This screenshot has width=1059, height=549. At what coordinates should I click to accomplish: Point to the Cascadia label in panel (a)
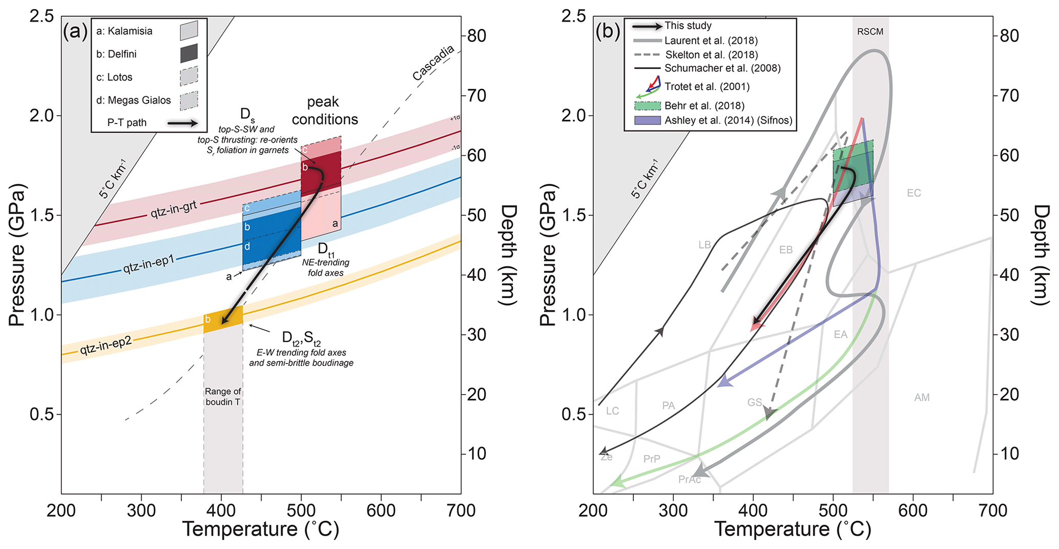(x=433, y=63)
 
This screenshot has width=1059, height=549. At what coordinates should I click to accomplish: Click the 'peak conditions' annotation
(x=324, y=111)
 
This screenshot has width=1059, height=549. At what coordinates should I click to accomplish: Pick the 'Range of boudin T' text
(x=223, y=397)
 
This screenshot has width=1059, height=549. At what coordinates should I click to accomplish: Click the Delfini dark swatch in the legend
(x=189, y=53)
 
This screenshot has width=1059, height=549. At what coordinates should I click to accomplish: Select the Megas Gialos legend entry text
(x=133, y=100)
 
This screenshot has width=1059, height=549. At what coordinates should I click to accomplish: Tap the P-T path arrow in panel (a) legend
(x=182, y=123)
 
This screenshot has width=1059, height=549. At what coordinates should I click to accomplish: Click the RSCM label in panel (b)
(x=870, y=32)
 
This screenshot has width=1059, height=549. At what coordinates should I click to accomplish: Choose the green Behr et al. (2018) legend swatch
(x=647, y=106)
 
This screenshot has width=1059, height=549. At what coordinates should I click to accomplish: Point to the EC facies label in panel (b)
(x=913, y=193)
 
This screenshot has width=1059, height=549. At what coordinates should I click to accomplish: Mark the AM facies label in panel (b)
(x=922, y=397)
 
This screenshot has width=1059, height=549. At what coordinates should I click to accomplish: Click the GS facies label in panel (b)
(x=754, y=402)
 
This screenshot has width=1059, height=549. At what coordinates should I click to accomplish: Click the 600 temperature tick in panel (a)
(x=381, y=511)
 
